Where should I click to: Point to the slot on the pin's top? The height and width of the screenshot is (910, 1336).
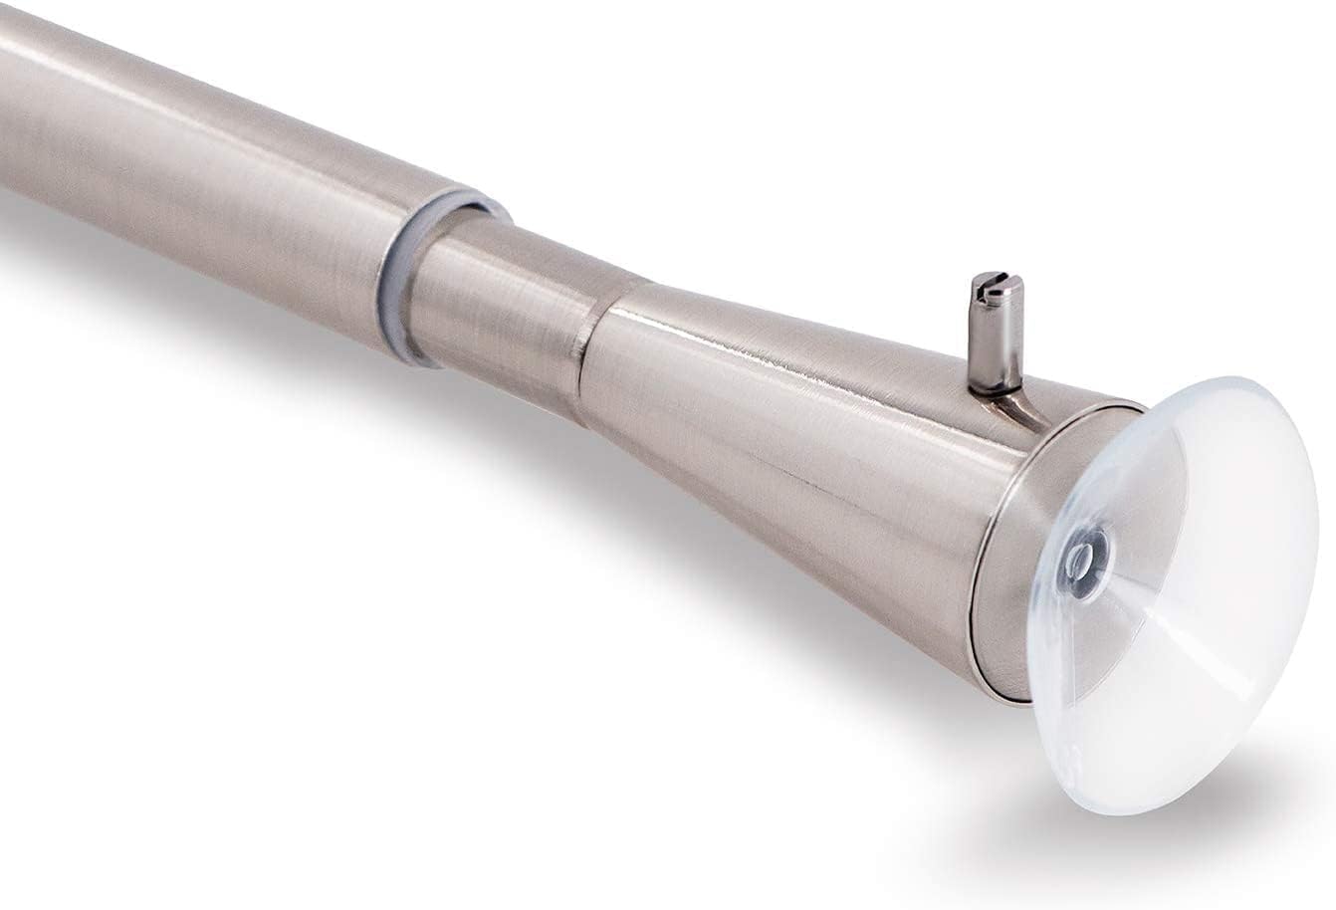tap(999, 286)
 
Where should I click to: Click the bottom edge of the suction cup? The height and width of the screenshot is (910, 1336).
tap(1125, 801)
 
